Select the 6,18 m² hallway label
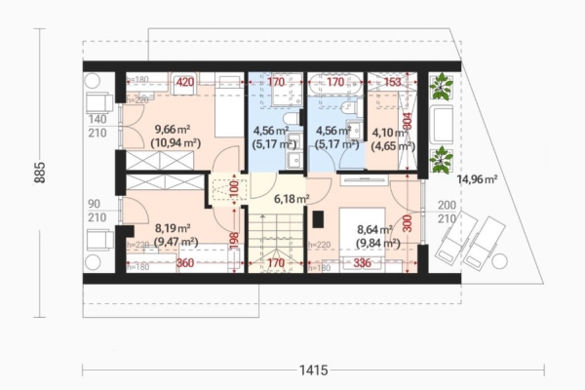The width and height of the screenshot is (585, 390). click(292, 199)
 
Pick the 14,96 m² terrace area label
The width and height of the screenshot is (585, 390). click(478, 179)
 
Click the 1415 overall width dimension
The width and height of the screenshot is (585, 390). click(313, 370)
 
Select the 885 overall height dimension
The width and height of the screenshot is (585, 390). click(40, 173)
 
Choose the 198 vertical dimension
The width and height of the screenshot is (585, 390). click(235, 237)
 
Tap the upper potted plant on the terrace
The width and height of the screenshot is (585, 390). click(441, 87)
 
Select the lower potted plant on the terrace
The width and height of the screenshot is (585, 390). click(441, 156)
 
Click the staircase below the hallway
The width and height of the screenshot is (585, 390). click(276, 244)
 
